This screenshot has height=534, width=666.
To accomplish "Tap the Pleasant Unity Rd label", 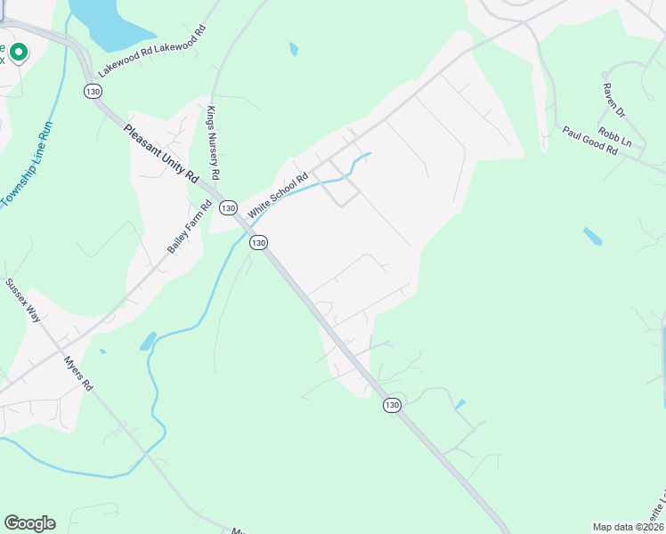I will [161, 154].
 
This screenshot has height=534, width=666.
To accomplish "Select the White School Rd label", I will [277, 195].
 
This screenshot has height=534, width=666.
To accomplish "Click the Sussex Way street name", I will [23, 299].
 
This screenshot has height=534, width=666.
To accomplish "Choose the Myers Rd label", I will [78, 374].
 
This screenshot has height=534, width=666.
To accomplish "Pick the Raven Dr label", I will [614, 101].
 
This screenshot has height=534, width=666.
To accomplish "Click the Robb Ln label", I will [615, 137].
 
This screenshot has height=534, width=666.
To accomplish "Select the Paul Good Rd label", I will [589, 141].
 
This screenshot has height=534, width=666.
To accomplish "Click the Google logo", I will [29, 523].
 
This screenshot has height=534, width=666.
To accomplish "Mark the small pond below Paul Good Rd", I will [592, 236].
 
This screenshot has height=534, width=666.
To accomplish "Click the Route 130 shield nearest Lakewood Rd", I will [91, 91].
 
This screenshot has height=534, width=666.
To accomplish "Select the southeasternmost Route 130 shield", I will [392, 405].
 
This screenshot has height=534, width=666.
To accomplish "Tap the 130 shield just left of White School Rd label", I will [228, 207].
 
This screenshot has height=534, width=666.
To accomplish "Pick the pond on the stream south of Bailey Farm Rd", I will [148, 341].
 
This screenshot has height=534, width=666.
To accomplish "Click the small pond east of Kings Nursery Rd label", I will [294, 49].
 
